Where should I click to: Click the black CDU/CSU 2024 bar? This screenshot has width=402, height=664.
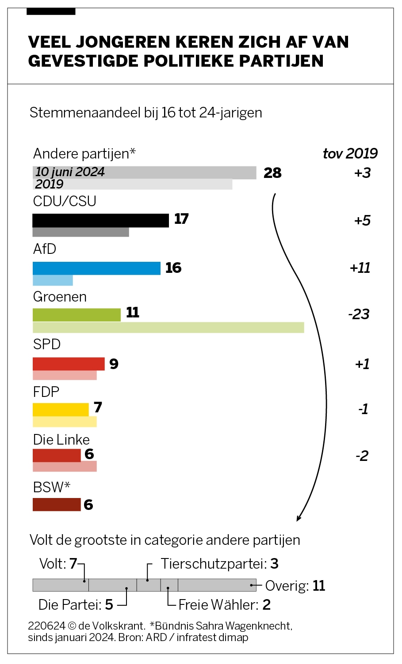100,220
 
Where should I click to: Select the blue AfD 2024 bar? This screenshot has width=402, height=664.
96,268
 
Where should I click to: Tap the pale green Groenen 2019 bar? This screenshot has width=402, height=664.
168,328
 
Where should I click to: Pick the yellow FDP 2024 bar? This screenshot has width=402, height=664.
61,410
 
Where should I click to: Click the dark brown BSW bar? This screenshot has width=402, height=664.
57,504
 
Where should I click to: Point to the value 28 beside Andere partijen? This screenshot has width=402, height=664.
272,173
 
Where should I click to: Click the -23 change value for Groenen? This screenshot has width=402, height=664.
359,314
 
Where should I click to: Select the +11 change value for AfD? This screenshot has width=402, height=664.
360,268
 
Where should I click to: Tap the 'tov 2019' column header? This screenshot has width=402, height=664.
350,154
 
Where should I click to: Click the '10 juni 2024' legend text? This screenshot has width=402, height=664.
70,172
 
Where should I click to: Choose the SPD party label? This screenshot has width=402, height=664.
46,344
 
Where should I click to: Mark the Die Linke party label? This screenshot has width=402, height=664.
61,440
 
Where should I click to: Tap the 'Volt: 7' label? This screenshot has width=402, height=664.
58,564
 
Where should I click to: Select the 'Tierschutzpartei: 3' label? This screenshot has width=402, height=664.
219,564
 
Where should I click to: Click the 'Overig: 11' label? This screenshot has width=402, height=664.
295,586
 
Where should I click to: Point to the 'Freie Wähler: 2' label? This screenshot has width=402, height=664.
224,605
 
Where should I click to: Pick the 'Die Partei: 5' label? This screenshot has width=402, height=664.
76,605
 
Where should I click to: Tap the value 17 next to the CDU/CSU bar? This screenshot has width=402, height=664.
181,219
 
